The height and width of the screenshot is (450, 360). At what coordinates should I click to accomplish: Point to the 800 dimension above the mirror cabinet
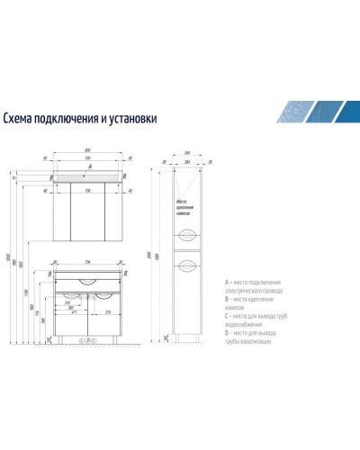(x=87, y=150)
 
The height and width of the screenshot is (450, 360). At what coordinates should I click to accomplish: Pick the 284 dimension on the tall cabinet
(x=186, y=164)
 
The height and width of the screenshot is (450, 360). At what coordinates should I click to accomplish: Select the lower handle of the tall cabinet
(x=186, y=265)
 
